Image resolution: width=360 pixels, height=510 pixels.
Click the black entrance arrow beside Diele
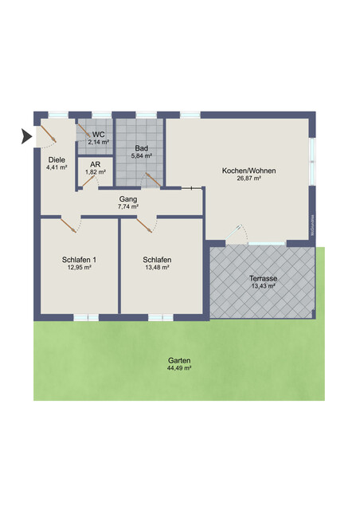(25, 137)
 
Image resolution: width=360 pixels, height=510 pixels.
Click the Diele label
(56, 159)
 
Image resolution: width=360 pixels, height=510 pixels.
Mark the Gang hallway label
(128, 198)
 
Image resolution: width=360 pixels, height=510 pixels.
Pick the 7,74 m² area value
(128, 206)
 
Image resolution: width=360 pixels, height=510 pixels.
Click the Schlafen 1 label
(79, 260)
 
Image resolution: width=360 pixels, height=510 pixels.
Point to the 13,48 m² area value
(158, 268)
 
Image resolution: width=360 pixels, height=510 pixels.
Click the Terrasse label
(262, 278)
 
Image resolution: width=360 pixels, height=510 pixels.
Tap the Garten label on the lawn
(178, 360)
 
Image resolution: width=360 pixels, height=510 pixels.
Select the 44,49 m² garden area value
(178, 368)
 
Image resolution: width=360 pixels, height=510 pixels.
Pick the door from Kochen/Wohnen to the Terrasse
(238, 234)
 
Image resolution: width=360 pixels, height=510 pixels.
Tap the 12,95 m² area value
(79, 268)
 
